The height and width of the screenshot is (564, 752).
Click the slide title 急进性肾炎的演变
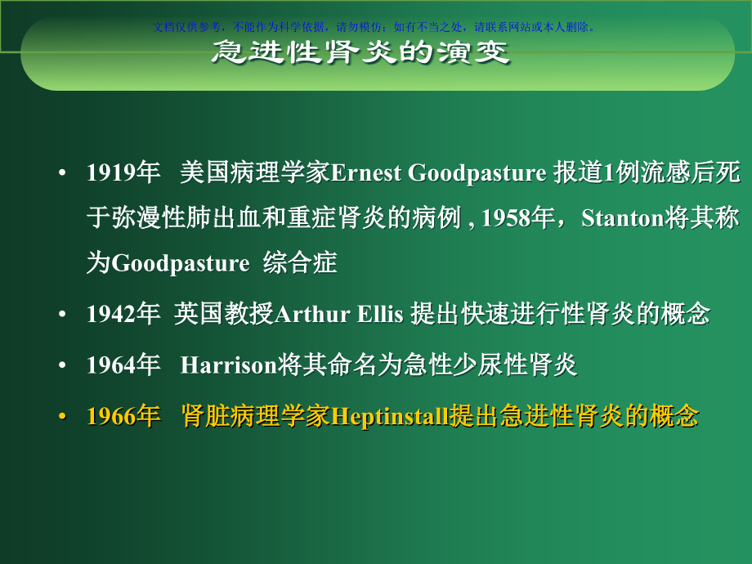click(360, 53)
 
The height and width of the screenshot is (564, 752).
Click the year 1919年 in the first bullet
click(123, 173)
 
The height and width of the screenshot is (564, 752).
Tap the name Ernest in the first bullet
click(367, 173)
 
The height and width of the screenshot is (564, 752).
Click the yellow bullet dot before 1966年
click(63, 418)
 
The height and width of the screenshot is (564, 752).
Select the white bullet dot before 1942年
click(63, 316)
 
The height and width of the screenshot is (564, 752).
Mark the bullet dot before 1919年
click(63, 174)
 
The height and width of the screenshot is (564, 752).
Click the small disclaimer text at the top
click(375, 26)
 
